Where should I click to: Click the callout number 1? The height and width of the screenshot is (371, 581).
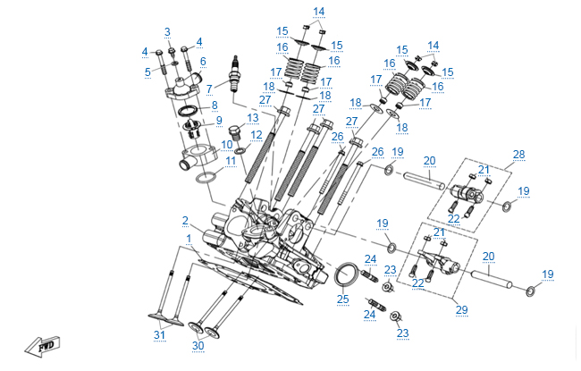(188, 238)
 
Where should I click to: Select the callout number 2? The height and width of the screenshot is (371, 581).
(185, 220)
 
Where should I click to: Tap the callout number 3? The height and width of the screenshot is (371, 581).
(166, 32)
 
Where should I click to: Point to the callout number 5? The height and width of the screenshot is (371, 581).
(148, 72)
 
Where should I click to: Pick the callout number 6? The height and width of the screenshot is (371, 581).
(203, 62)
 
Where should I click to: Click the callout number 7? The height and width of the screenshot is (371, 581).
(209, 89)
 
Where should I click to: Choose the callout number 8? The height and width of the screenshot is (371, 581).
(214, 105)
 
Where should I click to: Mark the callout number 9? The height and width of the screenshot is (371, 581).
(217, 121)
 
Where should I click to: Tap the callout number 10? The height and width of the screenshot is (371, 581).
(227, 143)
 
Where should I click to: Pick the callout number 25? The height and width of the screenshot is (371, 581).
(342, 299)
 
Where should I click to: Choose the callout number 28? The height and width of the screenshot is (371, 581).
(518, 154)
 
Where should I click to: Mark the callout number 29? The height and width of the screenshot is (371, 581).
(461, 309)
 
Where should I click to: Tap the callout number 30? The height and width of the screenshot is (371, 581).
(198, 345)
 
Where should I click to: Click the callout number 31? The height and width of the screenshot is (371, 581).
(159, 335)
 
